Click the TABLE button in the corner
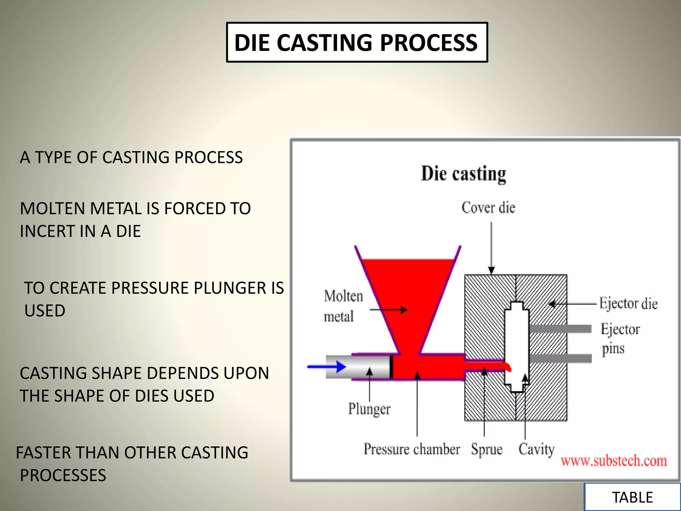[632, 497]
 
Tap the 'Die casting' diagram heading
[464, 174]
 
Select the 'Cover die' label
[488, 208]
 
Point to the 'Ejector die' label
[628, 303]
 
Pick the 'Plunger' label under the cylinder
[369, 409]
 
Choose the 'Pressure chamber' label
[411, 449]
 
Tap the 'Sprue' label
[486, 449]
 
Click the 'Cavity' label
[536, 449]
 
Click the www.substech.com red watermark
[613, 461]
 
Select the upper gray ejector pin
[560, 329]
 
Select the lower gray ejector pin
[560, 358]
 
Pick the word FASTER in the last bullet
[44, 453]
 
